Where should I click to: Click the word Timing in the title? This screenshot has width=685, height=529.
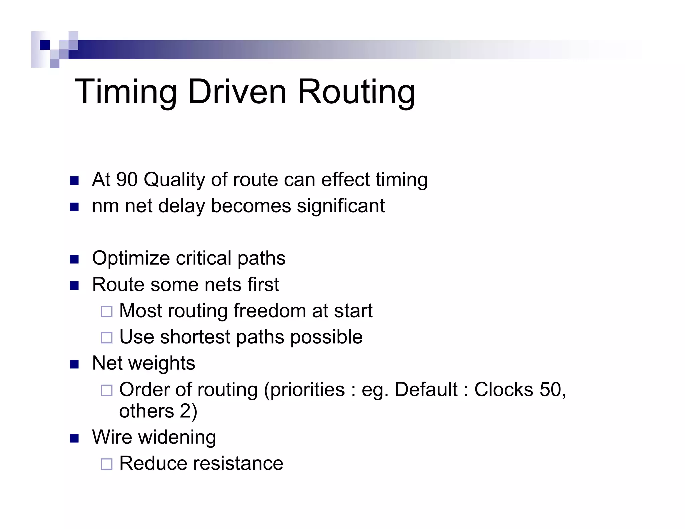[125, 92]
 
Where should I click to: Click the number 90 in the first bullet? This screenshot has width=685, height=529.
[127, 179]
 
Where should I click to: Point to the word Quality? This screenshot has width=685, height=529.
[174, 180]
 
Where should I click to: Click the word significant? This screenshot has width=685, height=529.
[341, 206]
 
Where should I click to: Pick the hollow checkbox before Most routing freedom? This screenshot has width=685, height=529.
[107, 312]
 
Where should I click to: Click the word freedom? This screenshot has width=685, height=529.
[270, 311]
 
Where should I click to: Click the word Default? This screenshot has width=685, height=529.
[426, 390]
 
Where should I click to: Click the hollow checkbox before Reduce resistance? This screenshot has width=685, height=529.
[107, 464]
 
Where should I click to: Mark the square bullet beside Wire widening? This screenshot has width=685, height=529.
[74, 438]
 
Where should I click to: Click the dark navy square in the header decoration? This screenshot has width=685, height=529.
[45, 45]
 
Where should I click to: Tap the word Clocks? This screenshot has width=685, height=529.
[504, 390]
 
